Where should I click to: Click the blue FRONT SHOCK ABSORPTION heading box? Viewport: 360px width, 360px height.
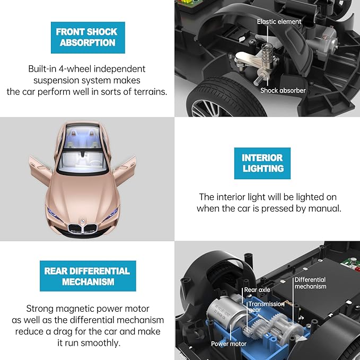[x=87, y=37]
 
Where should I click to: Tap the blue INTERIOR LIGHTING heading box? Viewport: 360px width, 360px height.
[x=262, y=163]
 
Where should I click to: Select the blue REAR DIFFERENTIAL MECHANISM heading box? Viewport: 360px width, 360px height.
[x=87, y=276]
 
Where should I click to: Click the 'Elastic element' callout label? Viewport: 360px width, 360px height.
[x=279, y=22]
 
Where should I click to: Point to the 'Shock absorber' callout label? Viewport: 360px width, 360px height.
[x=283, y=91]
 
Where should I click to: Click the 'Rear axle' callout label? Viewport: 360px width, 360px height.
[x=258, y=290]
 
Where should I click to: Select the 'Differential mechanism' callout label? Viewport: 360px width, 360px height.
[x=310, y=283]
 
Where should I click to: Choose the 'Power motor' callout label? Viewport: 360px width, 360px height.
[x=229, y=344]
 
